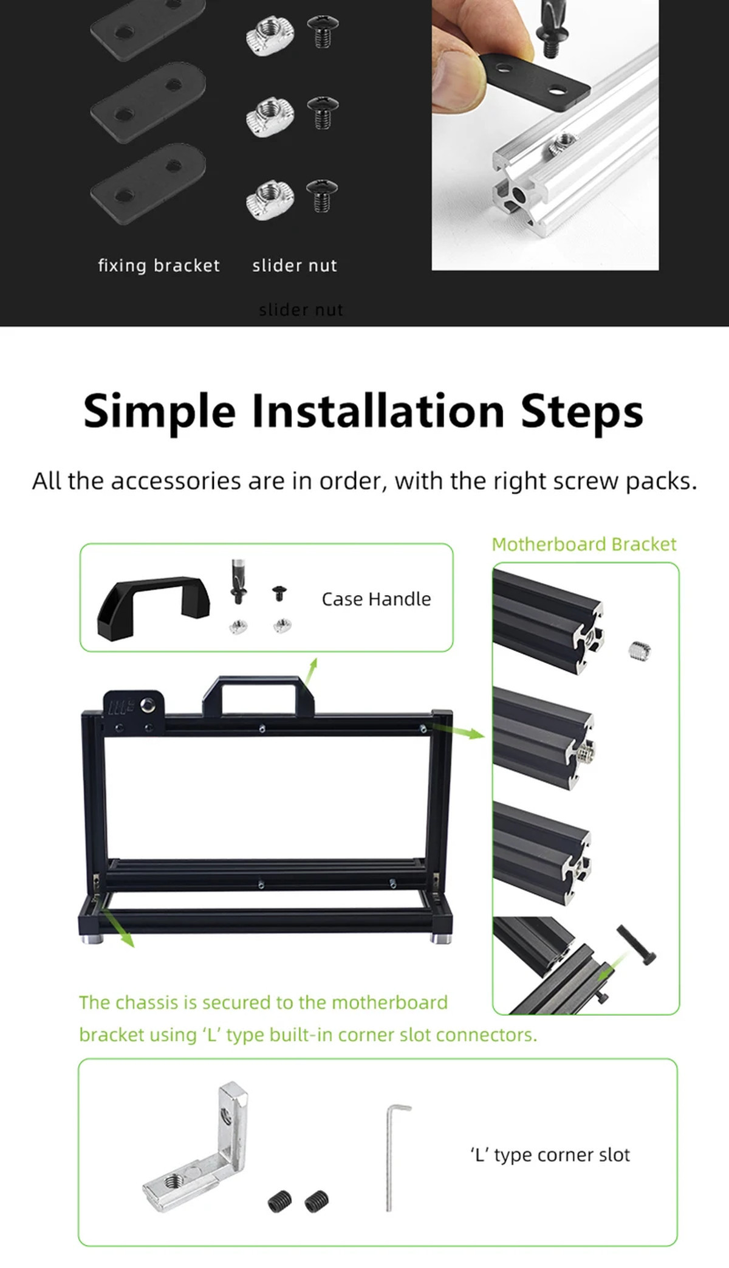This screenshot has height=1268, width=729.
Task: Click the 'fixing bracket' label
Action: pyautogui.click(x=159, y=266)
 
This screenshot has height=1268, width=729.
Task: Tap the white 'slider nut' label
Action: pyautogui.click(x=295, y=266)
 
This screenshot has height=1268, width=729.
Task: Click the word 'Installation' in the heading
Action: pyautogui.click(x=378, y=411)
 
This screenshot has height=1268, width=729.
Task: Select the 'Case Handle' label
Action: pyautogui.click(x=376, y=599)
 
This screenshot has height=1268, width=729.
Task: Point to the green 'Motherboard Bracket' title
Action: pyautogui.click(x=584, y=544)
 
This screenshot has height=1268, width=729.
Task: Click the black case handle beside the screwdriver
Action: pyautogui.click(x=154, y=609)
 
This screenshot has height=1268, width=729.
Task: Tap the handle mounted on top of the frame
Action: pyautogui.click(x=259, y=696)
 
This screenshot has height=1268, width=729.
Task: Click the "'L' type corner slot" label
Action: pyautogui.click(x=550, y=1155)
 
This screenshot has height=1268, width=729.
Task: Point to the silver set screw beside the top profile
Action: pyautogui.click(x=636, y=651)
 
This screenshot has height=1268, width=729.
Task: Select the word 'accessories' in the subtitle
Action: pyautogui.click(x=176, y=481)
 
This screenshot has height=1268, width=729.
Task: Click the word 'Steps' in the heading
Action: pyautogui.click(x=582, y=411)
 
